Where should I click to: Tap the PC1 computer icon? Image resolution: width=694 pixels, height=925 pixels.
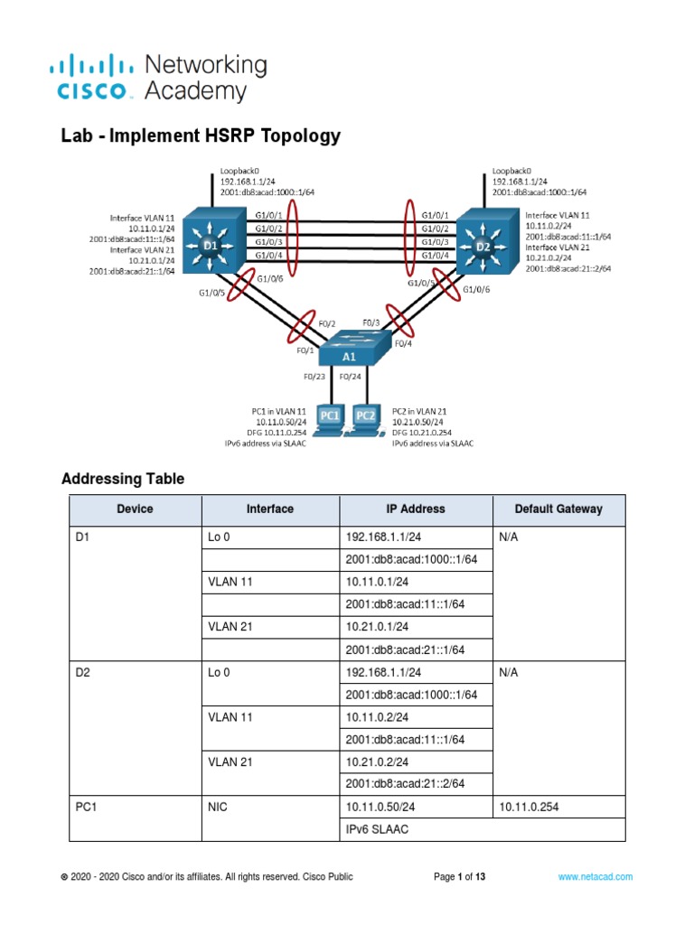coord(330,418)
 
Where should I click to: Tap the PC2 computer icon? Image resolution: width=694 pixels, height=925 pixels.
coord(365,418)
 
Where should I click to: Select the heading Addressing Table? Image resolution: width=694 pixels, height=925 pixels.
coord(123,479)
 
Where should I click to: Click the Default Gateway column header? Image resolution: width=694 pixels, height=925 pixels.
coord(558,509)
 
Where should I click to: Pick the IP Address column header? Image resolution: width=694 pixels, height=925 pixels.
coord(415,509)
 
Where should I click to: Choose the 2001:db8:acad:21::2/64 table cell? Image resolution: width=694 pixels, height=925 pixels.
coord(411,784)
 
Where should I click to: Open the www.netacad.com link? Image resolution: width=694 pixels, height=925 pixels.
coord(595,876)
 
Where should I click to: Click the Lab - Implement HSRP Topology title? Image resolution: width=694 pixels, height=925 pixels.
coord(201,136)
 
